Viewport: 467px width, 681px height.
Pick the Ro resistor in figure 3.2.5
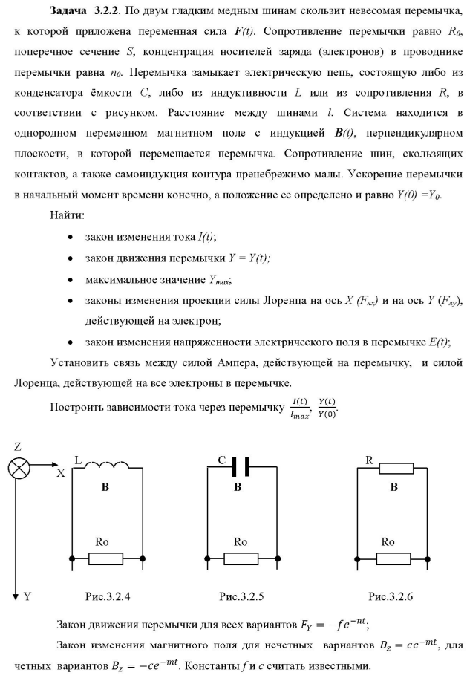tap(238, 556)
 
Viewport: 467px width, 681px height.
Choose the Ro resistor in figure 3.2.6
tap(393, 556)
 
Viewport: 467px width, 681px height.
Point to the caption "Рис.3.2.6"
tap(393, 596)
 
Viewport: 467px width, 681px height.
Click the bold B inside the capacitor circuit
tap(238, 488)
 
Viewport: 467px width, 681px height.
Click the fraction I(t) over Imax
tap(302, 406)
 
